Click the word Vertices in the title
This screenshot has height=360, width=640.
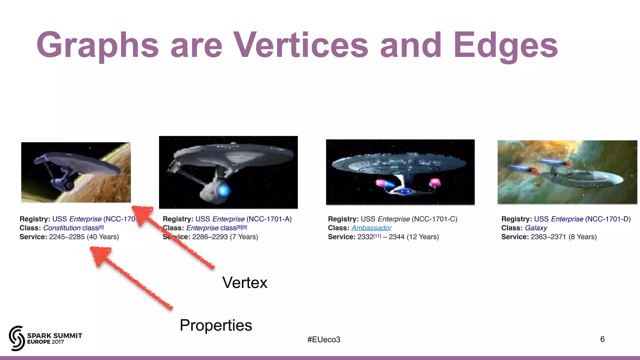[301, 45]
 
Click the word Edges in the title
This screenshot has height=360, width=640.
[505, 45]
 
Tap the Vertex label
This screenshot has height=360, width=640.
[245, 282]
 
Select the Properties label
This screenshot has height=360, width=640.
[216, 325]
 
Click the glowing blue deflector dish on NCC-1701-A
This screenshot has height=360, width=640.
[223, 190]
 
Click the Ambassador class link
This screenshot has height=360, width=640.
[371, 228]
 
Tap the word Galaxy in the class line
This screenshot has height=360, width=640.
[536, 228]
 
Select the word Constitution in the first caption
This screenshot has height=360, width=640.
[62, 228]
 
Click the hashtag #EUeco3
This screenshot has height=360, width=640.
[323, 339]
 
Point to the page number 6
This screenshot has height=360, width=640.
[602, 339]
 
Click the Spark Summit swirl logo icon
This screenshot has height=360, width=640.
[17, 338]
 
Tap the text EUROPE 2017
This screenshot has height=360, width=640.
[45, 342]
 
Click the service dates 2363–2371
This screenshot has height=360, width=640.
[548, 237]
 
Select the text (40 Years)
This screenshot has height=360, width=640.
[103, 237]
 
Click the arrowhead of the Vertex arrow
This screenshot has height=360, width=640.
[142, 214]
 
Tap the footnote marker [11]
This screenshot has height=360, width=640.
[377, 236]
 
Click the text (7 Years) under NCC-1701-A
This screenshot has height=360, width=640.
[244, 237]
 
